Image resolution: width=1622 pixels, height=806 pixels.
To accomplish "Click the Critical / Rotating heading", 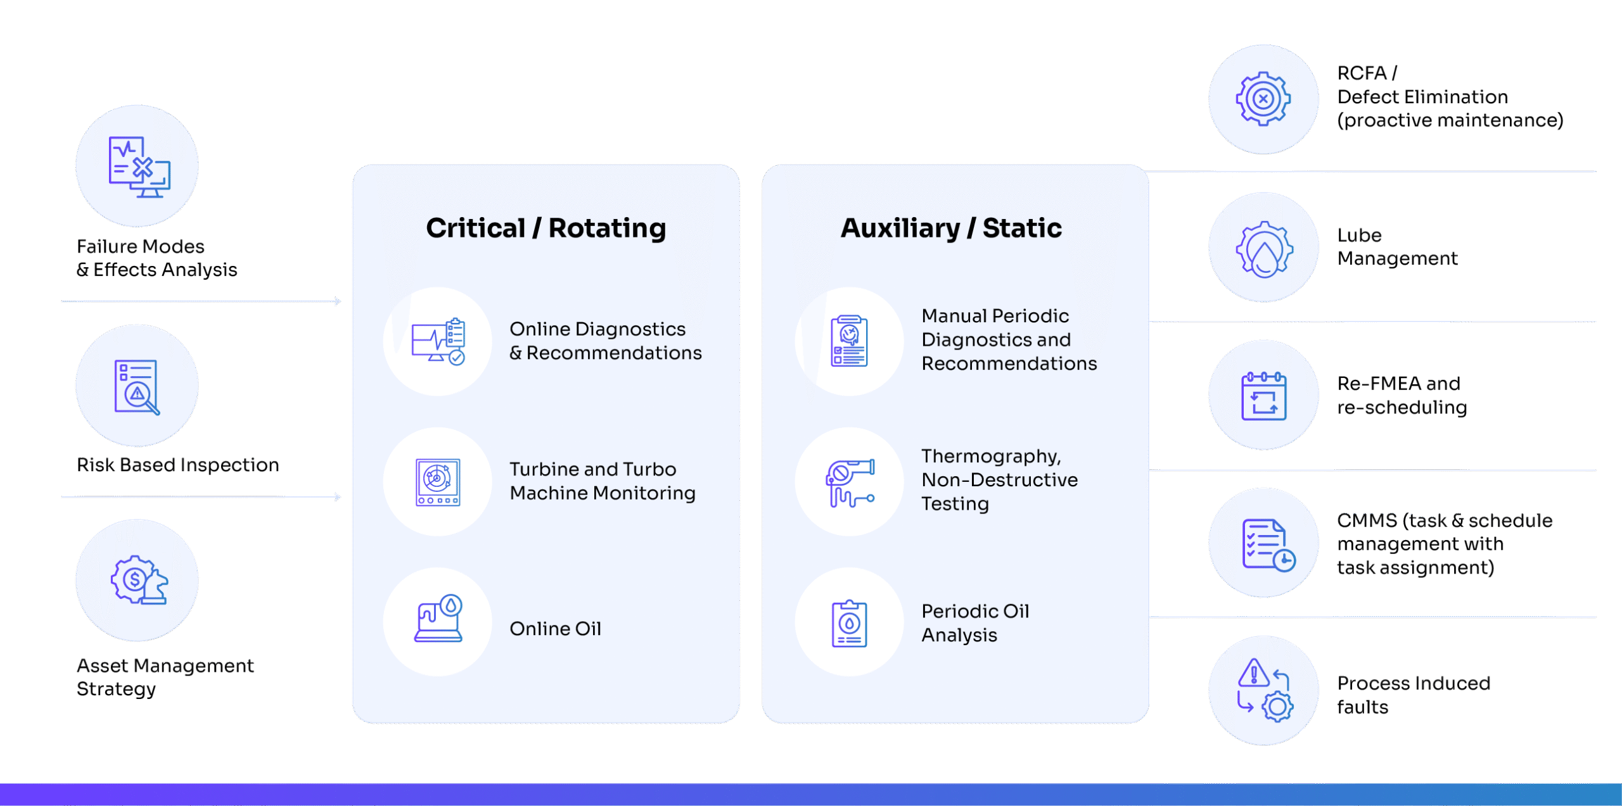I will coord(546,229).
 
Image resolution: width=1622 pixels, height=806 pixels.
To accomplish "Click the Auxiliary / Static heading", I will coord(950,229).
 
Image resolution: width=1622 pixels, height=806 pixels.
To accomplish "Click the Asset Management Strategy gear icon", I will coord(137,580).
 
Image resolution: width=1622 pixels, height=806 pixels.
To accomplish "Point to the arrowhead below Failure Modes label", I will coord(338,302).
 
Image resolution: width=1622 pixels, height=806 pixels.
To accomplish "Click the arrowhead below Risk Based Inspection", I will coord(338,497).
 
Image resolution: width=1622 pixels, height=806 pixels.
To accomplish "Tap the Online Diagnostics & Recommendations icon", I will coord(438,342).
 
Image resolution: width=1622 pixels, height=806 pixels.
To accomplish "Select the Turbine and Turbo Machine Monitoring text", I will coord(602,481).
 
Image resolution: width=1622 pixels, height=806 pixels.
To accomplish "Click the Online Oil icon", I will coord(438,620).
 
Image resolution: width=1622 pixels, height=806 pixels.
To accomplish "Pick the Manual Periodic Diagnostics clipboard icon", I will coord(849,342).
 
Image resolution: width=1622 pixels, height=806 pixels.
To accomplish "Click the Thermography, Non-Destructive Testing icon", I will coord(849,482).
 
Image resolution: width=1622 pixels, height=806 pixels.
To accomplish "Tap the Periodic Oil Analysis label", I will coord(974,623).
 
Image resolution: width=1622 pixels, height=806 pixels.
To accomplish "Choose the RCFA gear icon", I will coord(1263,99).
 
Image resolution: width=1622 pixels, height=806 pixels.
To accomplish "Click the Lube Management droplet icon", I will coord(1263,248).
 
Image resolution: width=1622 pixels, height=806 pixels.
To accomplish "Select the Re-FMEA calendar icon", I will coord(1263,396).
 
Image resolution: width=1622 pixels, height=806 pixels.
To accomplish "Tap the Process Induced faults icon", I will coord(1263,690).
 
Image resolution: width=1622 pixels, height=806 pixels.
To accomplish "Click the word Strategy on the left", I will coord(116,690).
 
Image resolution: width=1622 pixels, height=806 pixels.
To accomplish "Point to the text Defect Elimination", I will coord(1422,97).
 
